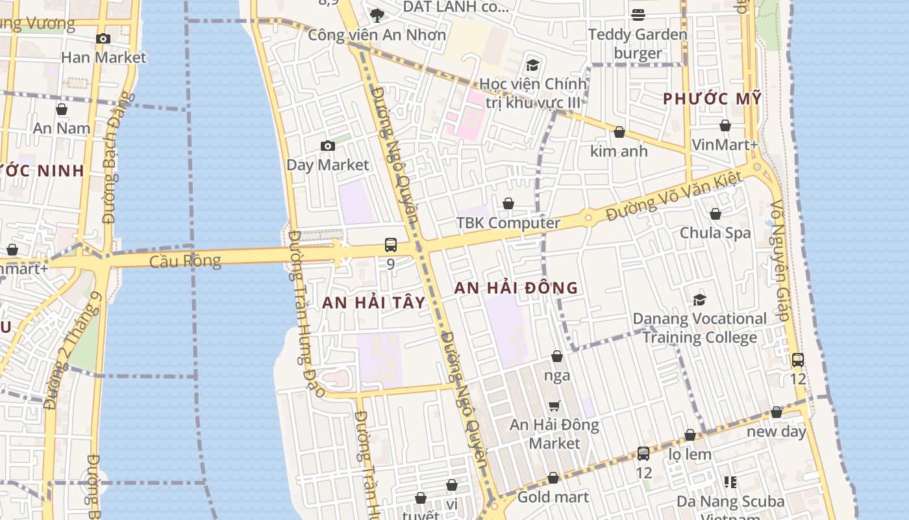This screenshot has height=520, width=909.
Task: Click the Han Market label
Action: pos(103,57)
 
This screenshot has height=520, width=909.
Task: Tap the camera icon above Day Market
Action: pos(328,146)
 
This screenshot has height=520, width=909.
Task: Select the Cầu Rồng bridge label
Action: pos(185,261)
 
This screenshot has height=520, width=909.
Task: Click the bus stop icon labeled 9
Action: pos(390,245)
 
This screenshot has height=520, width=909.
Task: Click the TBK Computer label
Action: pos(508,223)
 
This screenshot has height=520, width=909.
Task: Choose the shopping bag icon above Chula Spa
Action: pos(715,214)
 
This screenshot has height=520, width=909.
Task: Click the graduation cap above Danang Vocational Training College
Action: pos(699,300)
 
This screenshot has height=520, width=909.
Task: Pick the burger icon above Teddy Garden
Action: pos(638,14)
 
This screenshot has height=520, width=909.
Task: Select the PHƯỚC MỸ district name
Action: pos(712,99)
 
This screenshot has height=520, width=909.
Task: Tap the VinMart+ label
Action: pos(725,144)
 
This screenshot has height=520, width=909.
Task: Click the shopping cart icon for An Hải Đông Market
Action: pos(554,406)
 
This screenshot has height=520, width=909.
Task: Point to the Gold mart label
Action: pos(553,497)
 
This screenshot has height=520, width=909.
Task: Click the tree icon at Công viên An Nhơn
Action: pos(377,15)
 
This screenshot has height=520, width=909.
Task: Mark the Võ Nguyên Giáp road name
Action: pos(780,260)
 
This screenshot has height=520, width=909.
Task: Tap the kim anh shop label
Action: pos(619,151)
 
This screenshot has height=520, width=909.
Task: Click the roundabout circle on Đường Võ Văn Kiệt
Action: pos(588,217)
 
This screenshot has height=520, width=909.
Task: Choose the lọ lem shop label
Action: pos(690,454)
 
